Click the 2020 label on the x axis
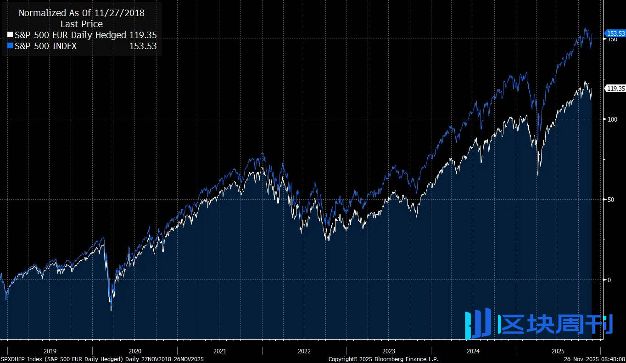click(135, 351)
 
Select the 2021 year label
click(219, 351)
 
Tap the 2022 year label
click(304, 351)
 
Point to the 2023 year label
click(389, 351)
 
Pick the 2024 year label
click(473, 351)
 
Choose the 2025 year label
click(558, 351)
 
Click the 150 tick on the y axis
click(612, 39)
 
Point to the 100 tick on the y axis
click(612, 119)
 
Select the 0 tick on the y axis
click(609, 280)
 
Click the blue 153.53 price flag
click(615, 34)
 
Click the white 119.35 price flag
click(615, 89)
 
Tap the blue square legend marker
click(11, 46)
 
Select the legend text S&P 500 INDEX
click(45, 46)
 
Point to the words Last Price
click(82, 24)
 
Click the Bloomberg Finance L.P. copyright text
click(383, 359)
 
